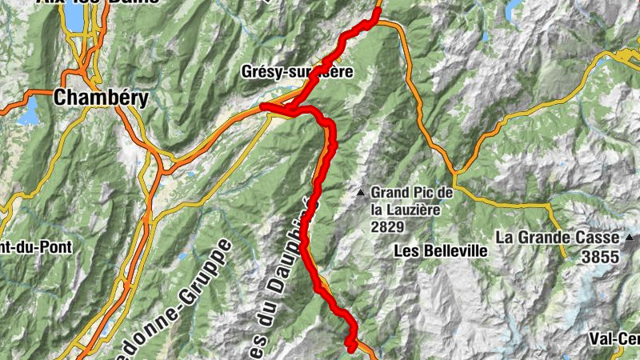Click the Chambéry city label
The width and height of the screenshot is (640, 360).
(x=101, y=98)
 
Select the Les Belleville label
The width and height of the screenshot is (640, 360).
(x=441, y=250)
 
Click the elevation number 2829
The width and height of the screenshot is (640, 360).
(x=386, y=227)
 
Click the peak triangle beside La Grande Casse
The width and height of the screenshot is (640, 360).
(x=631, y=238)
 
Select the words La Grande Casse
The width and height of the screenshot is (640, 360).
(x=557, y=238)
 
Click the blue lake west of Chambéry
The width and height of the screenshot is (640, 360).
(x=29, y=112)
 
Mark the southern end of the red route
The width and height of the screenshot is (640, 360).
(x=351, y=347)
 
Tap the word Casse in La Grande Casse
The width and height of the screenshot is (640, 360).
(x=602, y=238)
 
